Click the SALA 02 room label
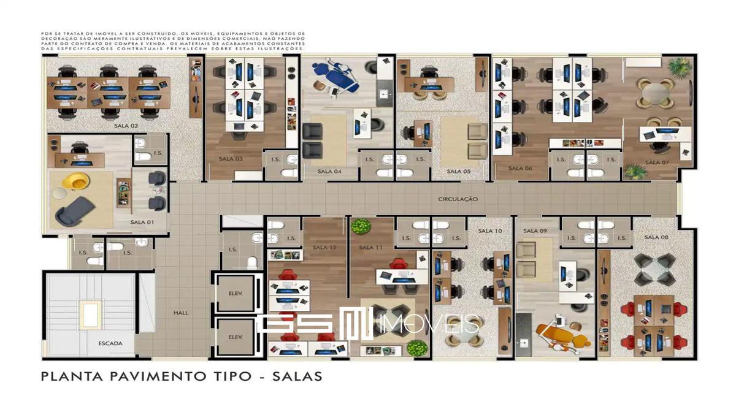126,126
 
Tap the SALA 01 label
142,222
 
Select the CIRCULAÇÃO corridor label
458,199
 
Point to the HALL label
180,313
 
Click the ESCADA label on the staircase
110,343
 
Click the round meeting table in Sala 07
656,94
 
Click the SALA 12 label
324,247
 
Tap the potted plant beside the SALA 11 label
361,226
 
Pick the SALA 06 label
520,168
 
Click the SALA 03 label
231,159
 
